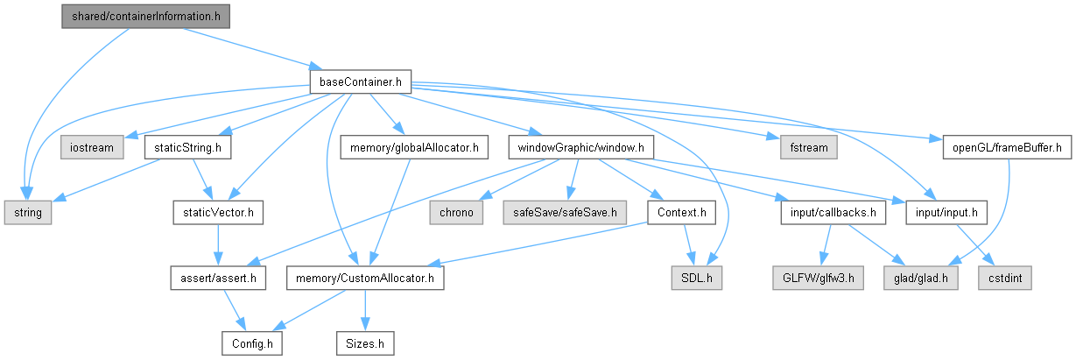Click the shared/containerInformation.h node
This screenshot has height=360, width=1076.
(145, 17)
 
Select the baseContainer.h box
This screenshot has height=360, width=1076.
(361, 82)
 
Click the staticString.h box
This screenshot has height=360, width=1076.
(186, 147)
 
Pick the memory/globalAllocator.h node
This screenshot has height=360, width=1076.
(413, 147)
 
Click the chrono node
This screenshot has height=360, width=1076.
(453, 213)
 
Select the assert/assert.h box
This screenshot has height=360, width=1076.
(218, 279)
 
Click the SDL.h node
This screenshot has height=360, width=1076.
(699, 279)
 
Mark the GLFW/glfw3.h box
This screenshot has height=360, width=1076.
(808, 279)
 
